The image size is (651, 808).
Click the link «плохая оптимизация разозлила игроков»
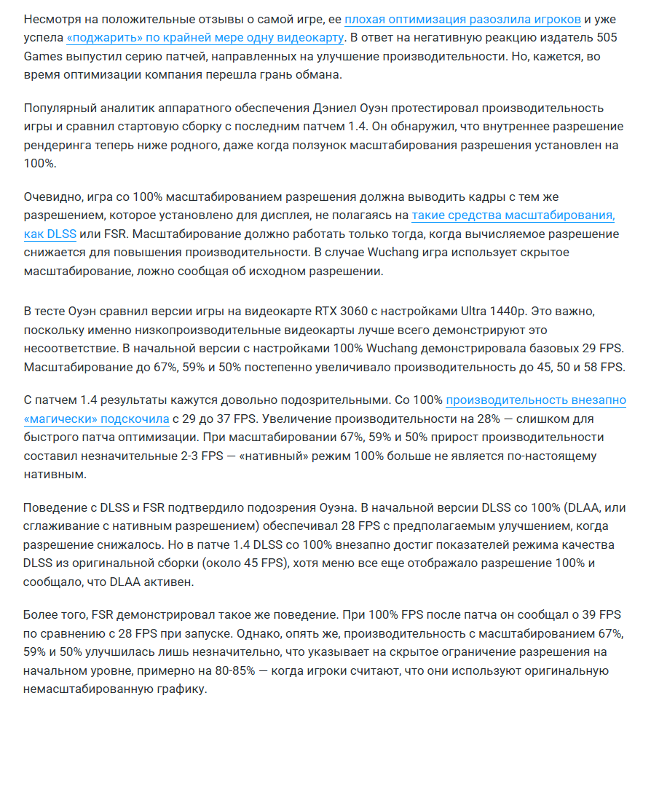(462, 19)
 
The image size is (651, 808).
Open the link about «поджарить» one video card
(205, 38)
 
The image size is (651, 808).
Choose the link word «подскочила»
(135, 419)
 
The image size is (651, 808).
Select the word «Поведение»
(56, 507)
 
